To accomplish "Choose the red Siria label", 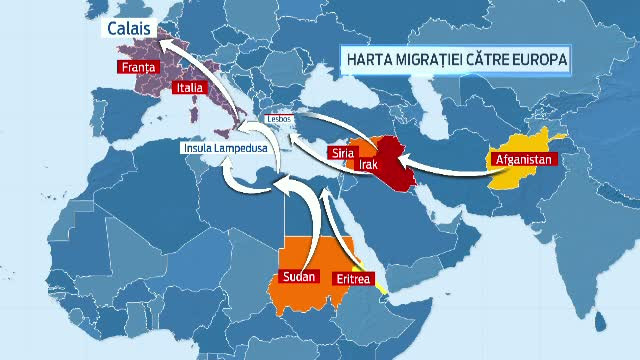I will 342,152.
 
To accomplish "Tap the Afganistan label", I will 521,158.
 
